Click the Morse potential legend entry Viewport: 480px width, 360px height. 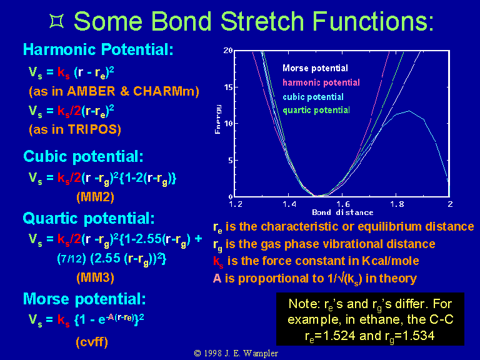click(315, 68)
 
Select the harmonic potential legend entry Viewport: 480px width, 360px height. click(321, 82)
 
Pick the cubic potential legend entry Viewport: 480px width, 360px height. click(313, 97)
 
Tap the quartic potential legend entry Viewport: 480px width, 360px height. click(316, 110)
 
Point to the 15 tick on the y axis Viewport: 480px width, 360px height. click(228, 87)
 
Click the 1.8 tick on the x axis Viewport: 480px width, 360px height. click(397, 204)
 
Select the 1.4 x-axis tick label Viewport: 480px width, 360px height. click(289, 204)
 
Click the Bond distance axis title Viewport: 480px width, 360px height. click(342, 212)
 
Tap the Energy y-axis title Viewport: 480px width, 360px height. click(217, 119)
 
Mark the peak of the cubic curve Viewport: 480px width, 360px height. click(409, 111)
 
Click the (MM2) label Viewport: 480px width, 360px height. click(95, 196)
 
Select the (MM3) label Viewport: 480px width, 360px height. click(95, 277)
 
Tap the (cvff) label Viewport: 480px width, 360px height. click(92, 342)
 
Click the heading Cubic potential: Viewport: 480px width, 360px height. click(83, 156)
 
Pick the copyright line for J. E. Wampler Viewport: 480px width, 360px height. click(236, 353)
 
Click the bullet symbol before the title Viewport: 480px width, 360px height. click(57, 21)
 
